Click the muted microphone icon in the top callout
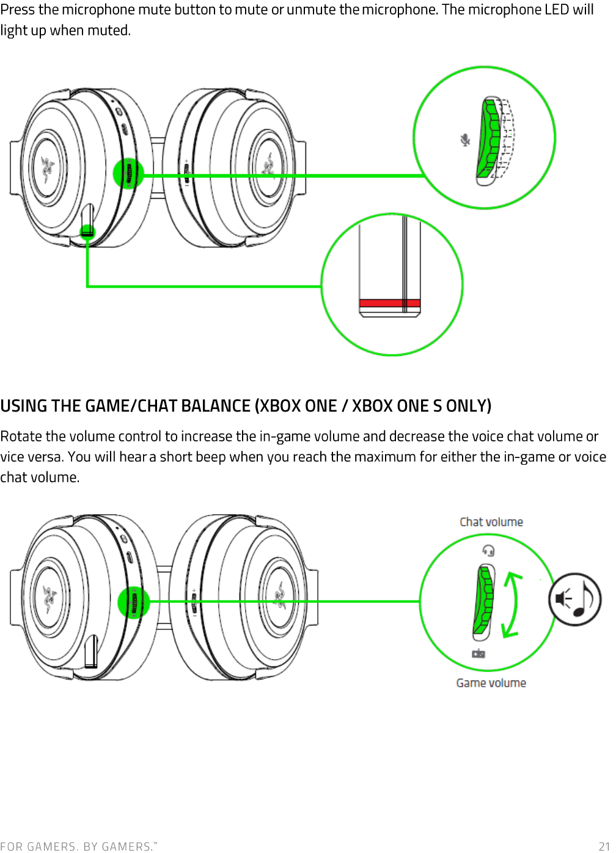464,140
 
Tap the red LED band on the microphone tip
390,303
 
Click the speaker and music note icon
574,599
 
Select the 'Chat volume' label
491,522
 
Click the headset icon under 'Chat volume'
488,550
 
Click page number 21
604,846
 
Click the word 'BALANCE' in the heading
215,406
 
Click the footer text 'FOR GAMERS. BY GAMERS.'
79,846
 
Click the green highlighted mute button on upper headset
128,173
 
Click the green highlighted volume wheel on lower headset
134,602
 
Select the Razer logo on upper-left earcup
48,168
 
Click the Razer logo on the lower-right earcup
280,596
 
